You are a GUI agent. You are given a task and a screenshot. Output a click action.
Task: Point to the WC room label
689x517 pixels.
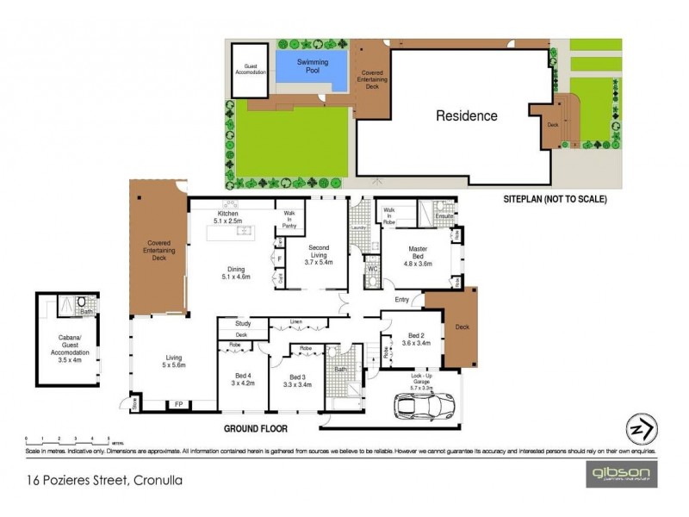point(371,269)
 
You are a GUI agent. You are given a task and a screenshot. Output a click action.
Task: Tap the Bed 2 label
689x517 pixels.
point(415,339)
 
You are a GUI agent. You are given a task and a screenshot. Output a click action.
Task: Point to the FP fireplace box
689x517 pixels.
point(178,403)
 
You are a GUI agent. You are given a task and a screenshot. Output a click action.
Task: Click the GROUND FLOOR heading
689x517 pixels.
point(255,428)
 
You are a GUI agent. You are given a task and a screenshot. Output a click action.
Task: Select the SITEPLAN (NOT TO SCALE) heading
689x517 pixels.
point(556,199)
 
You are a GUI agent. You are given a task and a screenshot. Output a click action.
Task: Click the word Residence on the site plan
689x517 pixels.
point(466,115)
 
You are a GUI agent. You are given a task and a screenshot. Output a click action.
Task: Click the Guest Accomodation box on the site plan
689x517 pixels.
point(251,65)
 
